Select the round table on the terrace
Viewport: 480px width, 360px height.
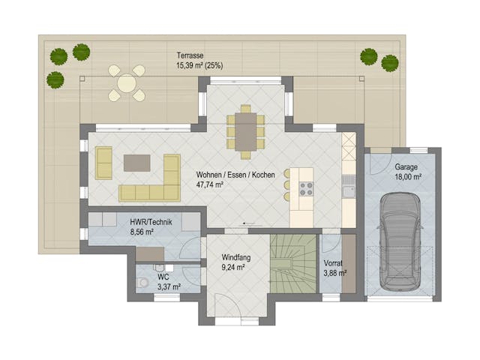(127, 83)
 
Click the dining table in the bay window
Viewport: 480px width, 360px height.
(246, 132)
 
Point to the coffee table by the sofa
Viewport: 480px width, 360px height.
(137, 163)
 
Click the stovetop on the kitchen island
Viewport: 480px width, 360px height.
(306, 188)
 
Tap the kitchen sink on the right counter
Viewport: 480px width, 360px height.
(347, 191)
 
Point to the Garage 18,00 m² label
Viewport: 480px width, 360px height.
(407, 172)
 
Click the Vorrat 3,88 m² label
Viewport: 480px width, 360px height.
(334, 268)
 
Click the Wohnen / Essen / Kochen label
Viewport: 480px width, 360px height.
(235, 174)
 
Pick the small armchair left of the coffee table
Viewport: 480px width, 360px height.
(103, 163)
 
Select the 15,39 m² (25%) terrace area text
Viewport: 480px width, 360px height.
(199, 65)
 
